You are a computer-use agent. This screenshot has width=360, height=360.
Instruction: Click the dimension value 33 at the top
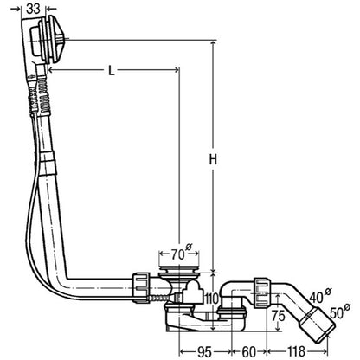pyautogui.click(x=33, y=9)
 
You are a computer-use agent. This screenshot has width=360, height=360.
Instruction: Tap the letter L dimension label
pyautogui.click(x=111, y=70)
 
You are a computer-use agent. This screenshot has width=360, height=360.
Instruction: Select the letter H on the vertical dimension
pyautogui.click(x=213, y=159)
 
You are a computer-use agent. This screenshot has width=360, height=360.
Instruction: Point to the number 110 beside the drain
pyautogui.click(x=211, y=299)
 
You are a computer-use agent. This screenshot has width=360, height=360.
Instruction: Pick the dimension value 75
pyautogui.click(x=278, y=316)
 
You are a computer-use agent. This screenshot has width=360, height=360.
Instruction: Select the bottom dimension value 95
pyautogui.click(x=204, y=351)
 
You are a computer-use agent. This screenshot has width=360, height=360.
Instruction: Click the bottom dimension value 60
pyautogui.click(x=248, y=351)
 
